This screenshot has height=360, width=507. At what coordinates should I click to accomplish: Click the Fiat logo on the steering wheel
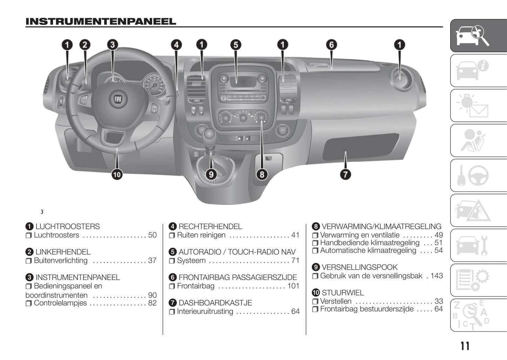(118, 99)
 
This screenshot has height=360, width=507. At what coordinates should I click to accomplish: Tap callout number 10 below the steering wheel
(117, 174)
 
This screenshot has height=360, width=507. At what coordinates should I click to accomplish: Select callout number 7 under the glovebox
(345, 174)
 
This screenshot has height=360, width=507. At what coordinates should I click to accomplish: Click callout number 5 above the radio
(235, 45)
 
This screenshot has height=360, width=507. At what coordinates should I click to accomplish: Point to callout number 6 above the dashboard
(331, 45)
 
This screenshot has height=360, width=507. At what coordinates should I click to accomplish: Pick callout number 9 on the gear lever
(211, 174)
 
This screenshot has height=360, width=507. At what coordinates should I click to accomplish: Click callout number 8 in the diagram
(262, 174)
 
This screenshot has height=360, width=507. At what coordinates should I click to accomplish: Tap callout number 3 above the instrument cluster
(112, 45)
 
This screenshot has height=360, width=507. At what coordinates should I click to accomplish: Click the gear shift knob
(209, 134)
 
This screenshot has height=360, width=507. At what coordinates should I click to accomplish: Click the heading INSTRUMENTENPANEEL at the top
(101, 22)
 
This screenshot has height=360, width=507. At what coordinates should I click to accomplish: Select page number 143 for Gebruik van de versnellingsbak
(436, 276)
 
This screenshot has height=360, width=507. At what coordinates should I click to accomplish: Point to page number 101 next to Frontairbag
(293, 286)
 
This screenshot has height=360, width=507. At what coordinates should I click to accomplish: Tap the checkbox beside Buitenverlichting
(28, 261)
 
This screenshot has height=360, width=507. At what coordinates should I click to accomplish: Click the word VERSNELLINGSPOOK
(359, 267)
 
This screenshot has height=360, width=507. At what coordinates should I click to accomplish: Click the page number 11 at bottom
(465, 346)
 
